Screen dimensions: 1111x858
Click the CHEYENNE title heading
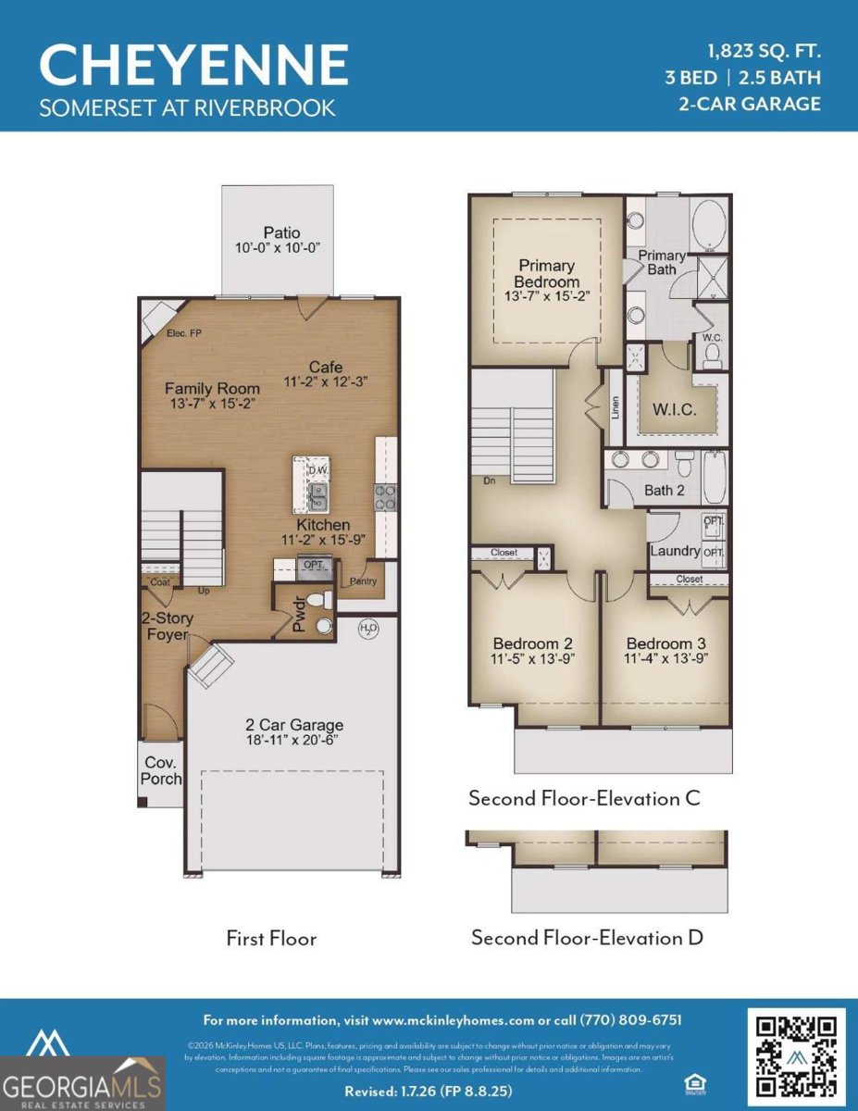[193, 64]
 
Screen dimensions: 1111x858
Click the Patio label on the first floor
[281, 232]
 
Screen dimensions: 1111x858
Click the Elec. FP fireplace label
[184, 333]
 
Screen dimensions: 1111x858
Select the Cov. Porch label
[160, 770]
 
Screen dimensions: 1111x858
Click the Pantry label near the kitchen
[361, 581]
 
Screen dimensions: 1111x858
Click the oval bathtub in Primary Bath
[709, 225]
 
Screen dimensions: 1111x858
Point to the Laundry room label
[675, 551]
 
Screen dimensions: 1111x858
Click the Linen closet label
[616, 407]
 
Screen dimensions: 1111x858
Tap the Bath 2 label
[665, 490]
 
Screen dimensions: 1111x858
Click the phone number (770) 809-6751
[631, 1020]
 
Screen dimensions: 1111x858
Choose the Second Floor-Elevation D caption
[587, 938]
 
